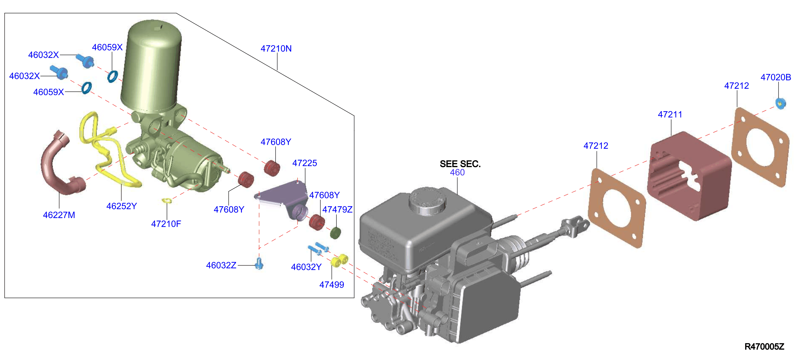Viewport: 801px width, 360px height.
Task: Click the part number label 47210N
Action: coord(276,49)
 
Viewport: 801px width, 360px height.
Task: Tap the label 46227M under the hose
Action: coord(59,215)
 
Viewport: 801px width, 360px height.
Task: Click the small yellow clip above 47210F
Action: coord(167,201)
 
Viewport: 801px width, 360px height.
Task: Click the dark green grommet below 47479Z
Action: coord(335,233)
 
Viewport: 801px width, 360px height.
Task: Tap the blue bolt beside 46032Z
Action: coord(259,264)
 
